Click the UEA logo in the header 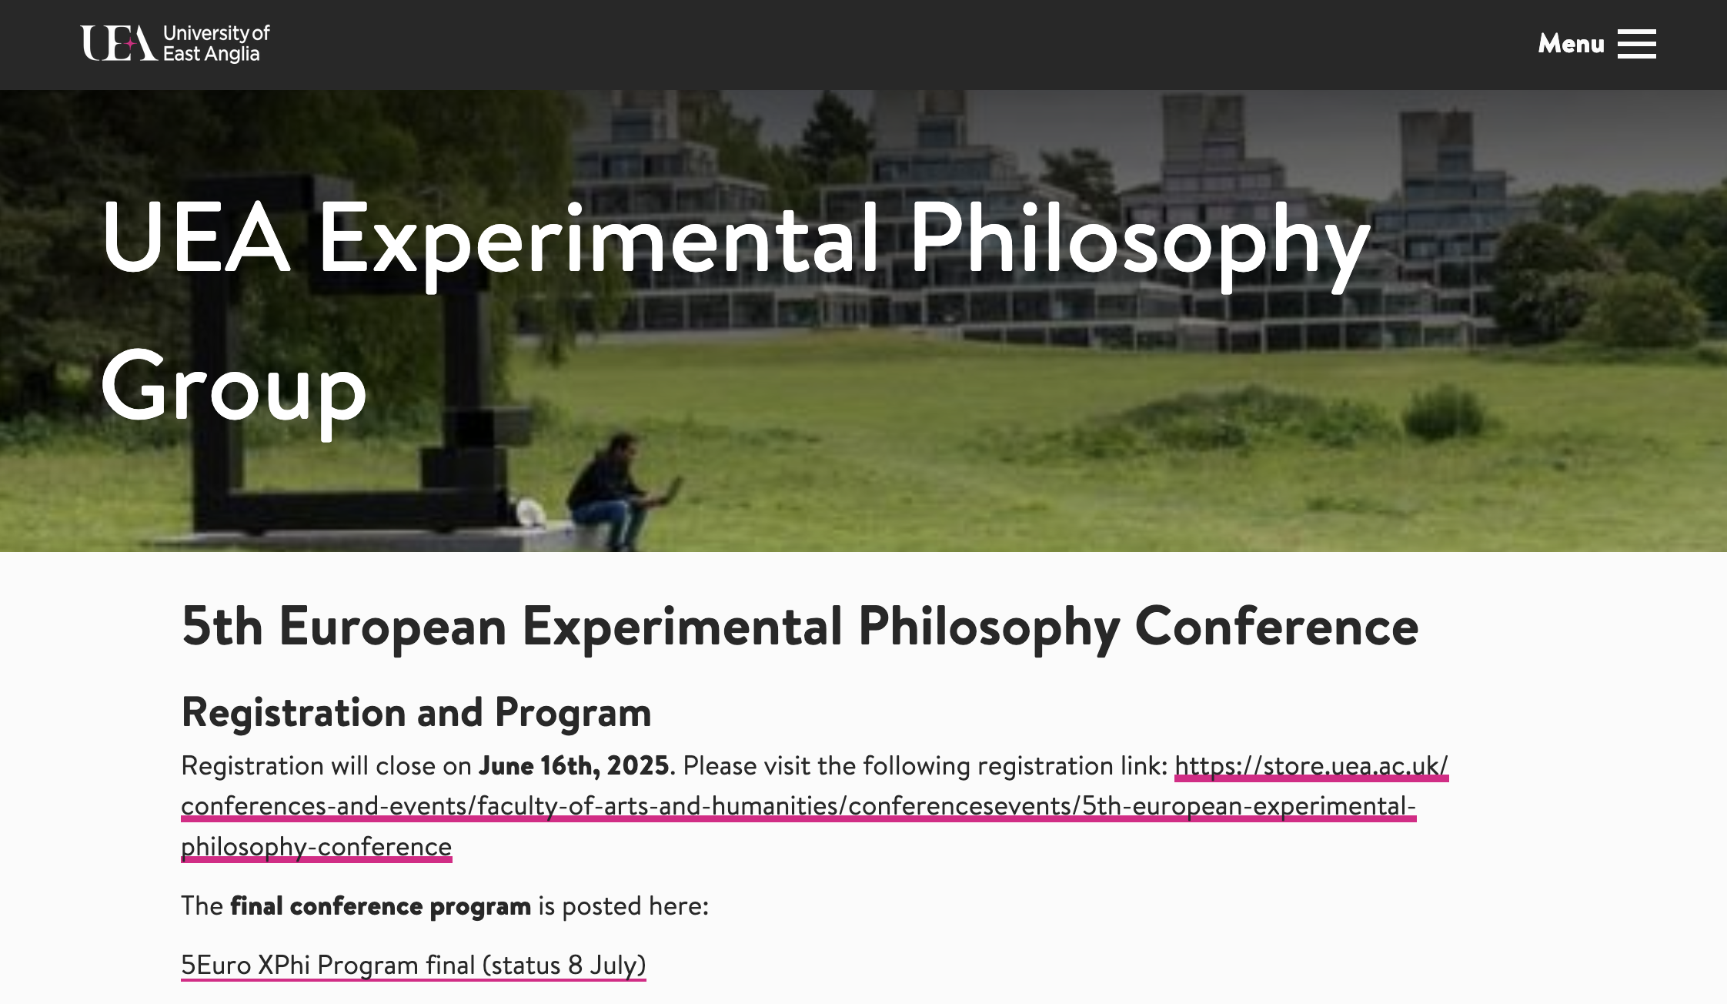point(175,43)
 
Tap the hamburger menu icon point(1636,44)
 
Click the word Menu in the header point(1571,44)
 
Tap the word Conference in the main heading point(1277,627)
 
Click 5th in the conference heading point(222,627)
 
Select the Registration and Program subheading point(416,713)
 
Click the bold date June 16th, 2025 point(574,765)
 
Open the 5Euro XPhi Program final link point(413,966)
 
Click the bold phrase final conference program point(381,906)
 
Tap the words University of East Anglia point(216,44)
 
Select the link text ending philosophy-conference point(316,847)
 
